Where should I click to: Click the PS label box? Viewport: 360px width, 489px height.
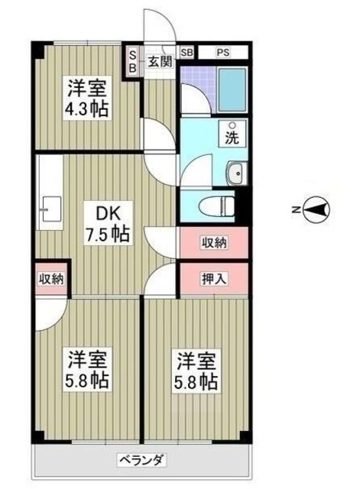click(x=222, y=53)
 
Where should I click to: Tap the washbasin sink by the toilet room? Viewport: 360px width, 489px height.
click(x=236, y=173)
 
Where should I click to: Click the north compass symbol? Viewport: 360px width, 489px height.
click(x=317, y=207)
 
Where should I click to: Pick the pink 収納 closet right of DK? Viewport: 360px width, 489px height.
click(x=214, y=243)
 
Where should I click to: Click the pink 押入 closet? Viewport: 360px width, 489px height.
click(x=214, y=279)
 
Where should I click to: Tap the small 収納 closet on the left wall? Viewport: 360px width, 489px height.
click(x=51, y=279)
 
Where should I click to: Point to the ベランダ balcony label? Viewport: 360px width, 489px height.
click(x=141, y=460)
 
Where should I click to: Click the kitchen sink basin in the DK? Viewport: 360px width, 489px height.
click(x=51, y=206)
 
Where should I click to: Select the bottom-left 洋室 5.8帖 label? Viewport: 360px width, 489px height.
click(x=85, y=368)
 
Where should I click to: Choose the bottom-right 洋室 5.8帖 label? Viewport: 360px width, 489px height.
click(x=196, y=368)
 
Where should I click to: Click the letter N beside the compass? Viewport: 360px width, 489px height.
click(x=296, y=208)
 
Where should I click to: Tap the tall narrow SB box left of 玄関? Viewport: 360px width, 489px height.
click(x=132, y=61)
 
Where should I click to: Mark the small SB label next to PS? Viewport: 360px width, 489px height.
click(x=187, y=53)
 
